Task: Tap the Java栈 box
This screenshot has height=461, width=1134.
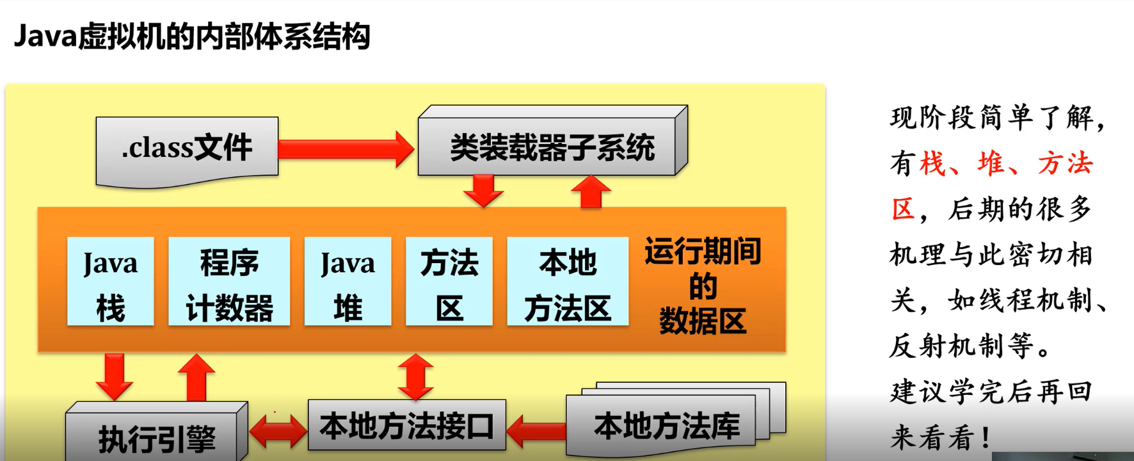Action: point(111,282)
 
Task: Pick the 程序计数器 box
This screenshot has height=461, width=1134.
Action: point(229,282)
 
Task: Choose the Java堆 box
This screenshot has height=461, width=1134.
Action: point(347,282)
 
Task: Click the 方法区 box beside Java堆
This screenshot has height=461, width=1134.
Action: point(449,282)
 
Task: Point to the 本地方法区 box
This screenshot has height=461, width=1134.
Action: point(568,282)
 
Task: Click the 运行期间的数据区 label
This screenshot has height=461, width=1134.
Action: point(703,285)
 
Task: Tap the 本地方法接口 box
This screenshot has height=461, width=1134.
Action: point(407,426)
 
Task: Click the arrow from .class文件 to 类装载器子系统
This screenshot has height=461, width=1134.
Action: point(346,149)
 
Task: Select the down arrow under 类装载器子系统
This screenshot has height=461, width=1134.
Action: point(483,190)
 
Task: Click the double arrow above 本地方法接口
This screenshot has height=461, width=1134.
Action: point(415,376)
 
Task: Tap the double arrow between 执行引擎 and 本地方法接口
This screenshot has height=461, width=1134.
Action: point(278,431)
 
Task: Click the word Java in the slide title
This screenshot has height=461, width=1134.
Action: point(45,36)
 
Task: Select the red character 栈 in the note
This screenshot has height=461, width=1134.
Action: point(932,164)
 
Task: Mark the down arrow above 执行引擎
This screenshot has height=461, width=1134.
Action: point(115,376)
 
